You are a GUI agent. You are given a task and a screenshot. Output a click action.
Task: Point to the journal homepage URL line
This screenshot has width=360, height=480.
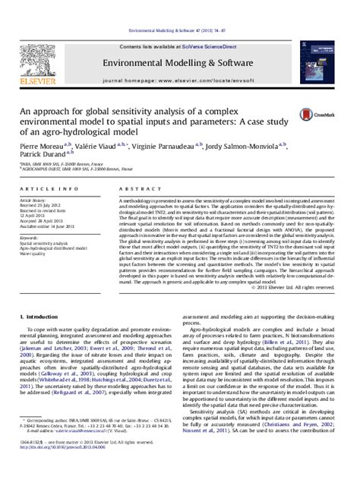pyautogui.click(x=179, y=79)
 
